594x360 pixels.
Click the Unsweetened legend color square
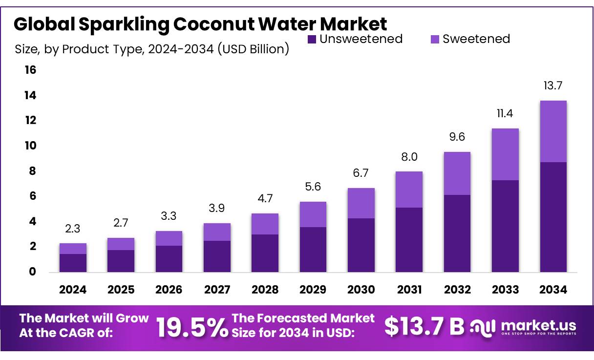(312, 39)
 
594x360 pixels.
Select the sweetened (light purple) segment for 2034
(553, 131)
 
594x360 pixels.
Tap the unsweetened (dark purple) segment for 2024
(73, 263)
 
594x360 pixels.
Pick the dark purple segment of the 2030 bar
(361, 245)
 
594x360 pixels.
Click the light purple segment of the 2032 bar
(457, 173)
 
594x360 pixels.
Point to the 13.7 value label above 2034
(553, 86)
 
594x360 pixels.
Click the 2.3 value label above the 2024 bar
(73, 229)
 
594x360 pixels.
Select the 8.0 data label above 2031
(409, 157)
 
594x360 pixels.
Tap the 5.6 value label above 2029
(313, 187)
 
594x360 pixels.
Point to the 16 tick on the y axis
(30, 70)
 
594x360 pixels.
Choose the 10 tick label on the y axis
(30, 146)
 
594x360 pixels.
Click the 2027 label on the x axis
(217, 290)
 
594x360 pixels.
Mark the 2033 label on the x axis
(505, 290)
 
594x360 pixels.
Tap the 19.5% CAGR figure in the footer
(192, 327)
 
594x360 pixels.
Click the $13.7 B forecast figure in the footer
(424, 327)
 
